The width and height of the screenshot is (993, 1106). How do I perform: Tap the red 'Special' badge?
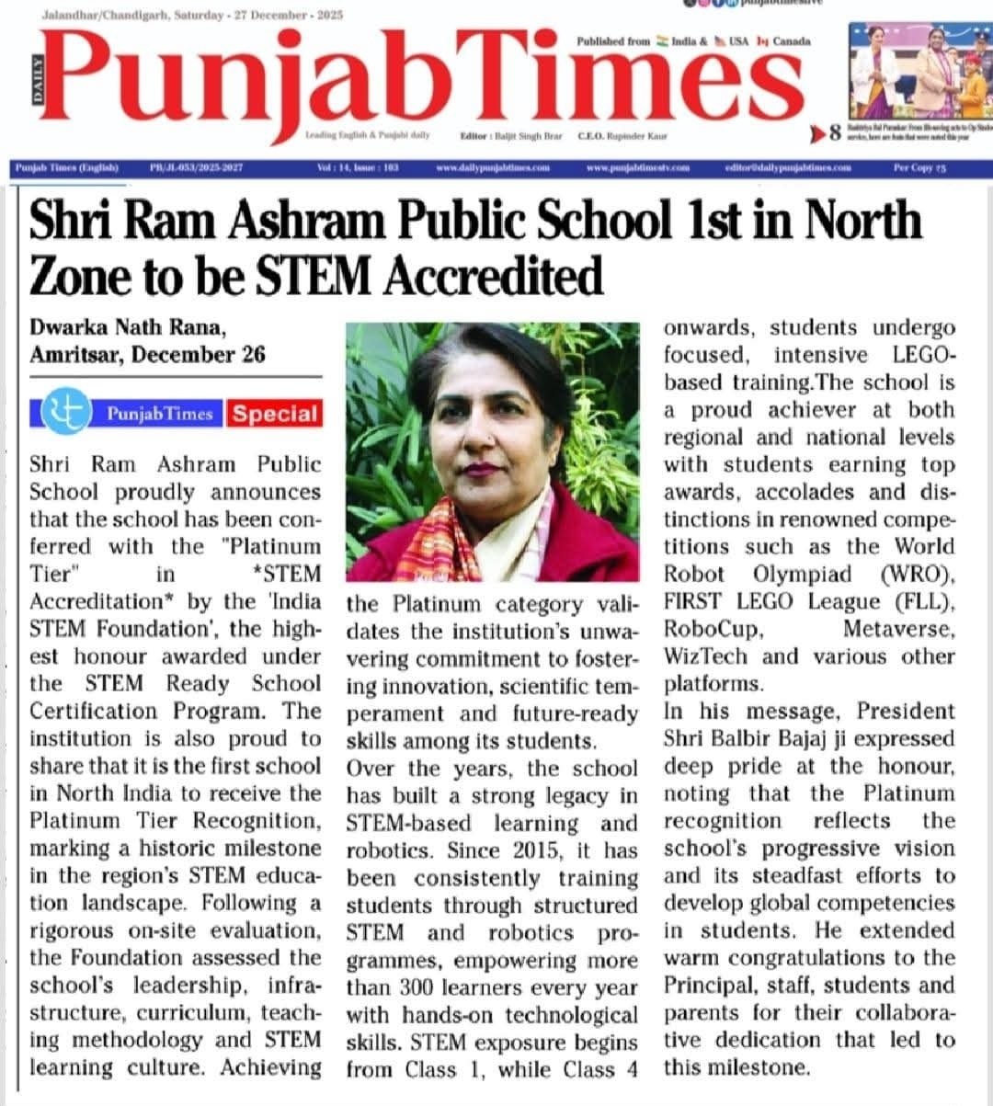tap(275, 413)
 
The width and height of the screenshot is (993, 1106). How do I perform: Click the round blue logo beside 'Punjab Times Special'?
tap(65, 411)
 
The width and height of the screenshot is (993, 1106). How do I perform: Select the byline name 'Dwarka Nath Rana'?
tap(127, 327)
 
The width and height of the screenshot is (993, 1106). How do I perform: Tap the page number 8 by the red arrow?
tap(834, 134)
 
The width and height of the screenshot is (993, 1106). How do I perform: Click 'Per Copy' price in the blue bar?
tap(919, 167)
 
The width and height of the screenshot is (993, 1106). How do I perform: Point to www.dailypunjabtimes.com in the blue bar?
tap(492, 167)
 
